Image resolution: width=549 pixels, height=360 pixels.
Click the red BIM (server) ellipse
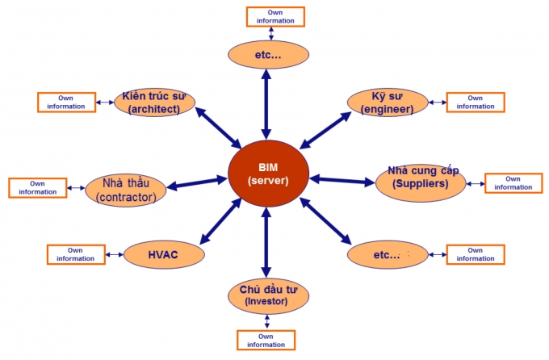tap(267, 173)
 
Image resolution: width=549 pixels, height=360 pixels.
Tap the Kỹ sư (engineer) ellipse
tap(388, 103)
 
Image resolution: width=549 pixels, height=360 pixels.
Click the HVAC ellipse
tap(162, 254)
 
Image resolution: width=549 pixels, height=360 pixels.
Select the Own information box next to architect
tap(66, 103)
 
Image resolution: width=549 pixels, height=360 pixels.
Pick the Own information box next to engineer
tap(476, 103)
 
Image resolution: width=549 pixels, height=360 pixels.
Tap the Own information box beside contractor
tap(38, 187)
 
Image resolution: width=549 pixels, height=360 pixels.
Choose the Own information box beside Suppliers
tap(513, 183)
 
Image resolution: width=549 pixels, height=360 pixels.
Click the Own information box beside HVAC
tap(75, 254)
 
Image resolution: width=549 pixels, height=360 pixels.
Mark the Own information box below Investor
tap(266, 340)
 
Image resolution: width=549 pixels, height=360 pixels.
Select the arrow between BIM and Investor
tap(266, 242)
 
